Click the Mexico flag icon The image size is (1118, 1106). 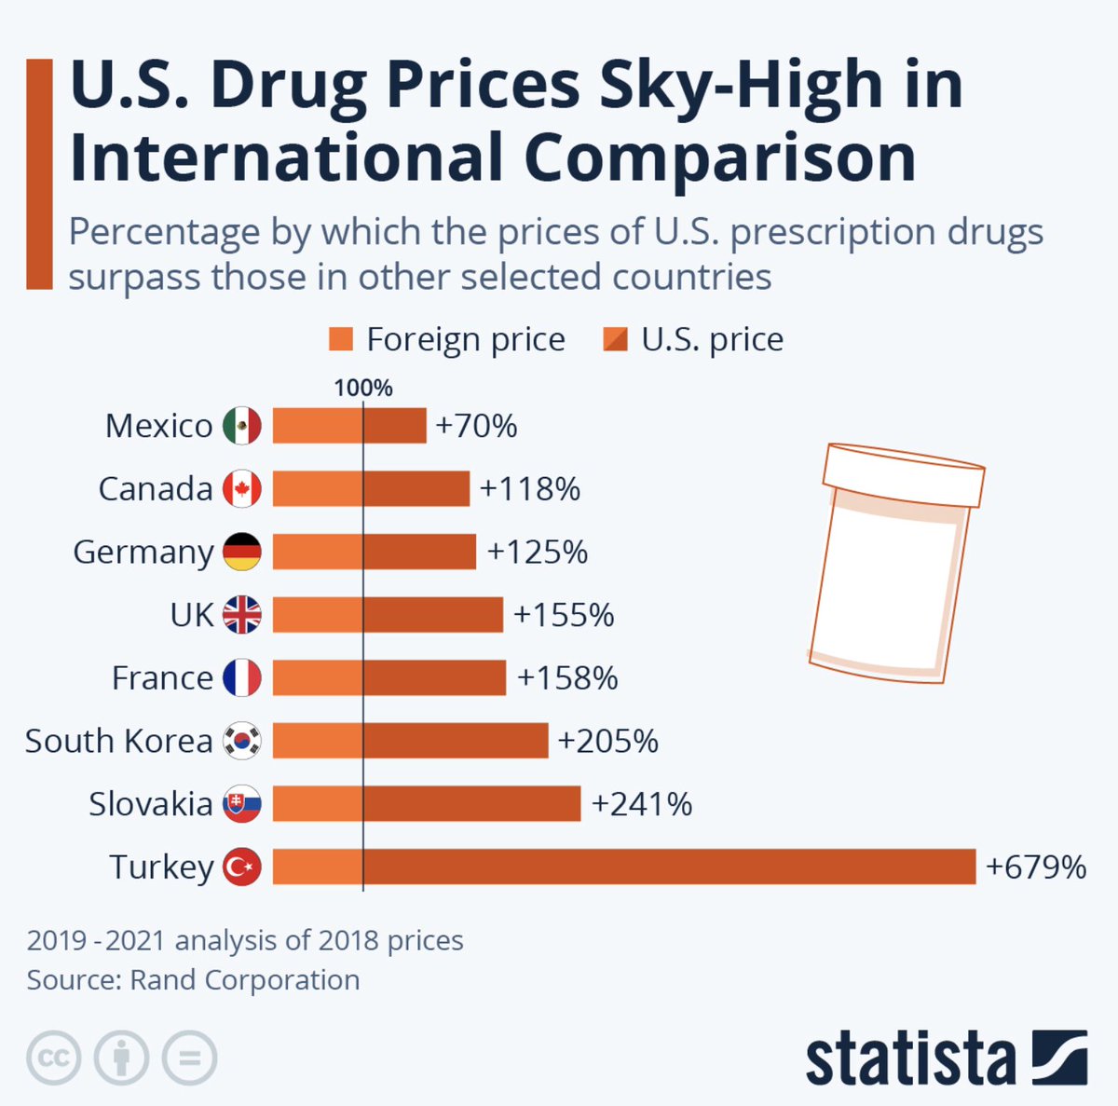click(242, 426)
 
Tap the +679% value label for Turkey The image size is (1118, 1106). click(1036, 867)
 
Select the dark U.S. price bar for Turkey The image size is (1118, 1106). click(669, 867)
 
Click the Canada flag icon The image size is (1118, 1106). click(242, 489)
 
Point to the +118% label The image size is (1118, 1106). click(530, 489)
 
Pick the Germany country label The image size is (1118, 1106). click(143, 553)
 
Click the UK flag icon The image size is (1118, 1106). click(242, 615)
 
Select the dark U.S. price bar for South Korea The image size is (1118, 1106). click(456, 742)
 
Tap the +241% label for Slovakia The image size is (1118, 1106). click(642, 804)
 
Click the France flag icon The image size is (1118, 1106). click(242, 678)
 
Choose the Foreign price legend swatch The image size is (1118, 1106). click(341, 339)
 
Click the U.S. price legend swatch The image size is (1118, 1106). click(616, 339)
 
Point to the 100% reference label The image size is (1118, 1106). click(363, 388)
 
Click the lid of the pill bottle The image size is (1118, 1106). click(903, 473)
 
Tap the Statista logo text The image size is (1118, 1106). click(910, 1058)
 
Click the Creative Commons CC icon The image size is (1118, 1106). click(54, 1058)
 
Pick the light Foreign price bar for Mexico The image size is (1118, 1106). click(318, 426)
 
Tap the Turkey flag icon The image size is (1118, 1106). click(242, 867)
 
